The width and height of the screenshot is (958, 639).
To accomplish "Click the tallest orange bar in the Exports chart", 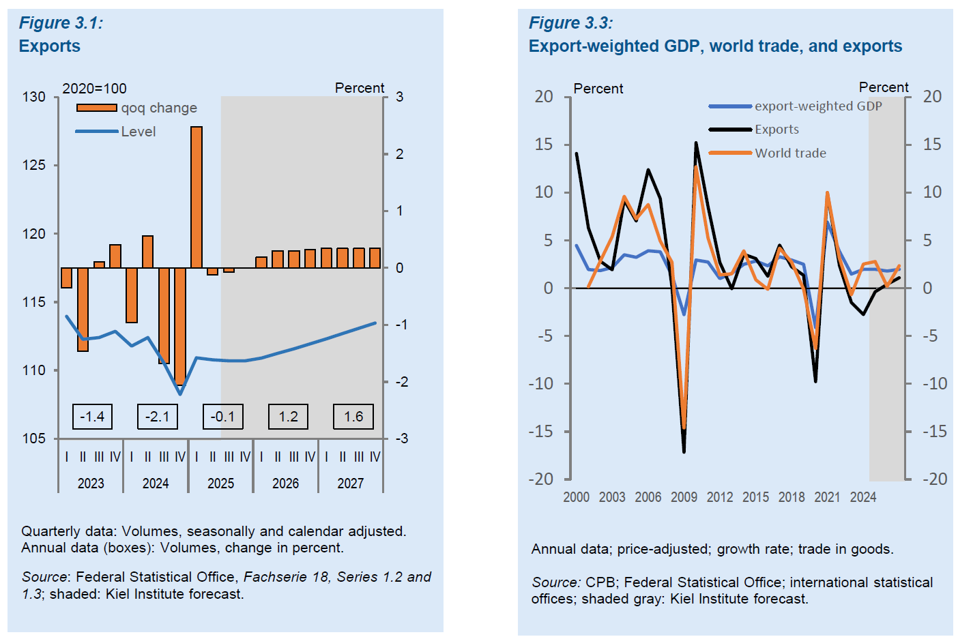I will tap(197, 197).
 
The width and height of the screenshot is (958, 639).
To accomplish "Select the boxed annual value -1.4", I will tap(92, 417).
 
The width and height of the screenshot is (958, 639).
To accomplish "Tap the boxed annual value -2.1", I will tap(158, 417).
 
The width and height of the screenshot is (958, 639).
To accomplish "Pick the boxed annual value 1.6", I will tap(353, 417).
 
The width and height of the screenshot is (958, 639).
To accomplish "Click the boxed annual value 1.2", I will tap(288, 417).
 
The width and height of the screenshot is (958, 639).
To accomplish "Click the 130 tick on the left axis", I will tap(34, 97).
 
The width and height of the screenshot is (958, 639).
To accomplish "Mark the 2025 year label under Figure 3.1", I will tap(220, 484).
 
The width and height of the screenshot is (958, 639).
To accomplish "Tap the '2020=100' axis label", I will tap(94, 89).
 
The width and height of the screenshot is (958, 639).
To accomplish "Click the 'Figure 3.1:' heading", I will tap(61, 23).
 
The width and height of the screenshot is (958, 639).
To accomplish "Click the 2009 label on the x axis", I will tap(684, 497).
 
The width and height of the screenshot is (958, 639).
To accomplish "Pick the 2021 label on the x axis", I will tap(827, 497).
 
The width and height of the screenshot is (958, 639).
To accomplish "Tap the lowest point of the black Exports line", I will tap(684, 451).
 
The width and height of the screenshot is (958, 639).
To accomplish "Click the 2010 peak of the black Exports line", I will tap(696, 143).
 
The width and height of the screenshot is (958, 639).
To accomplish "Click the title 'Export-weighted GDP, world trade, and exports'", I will tap(715, 46).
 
